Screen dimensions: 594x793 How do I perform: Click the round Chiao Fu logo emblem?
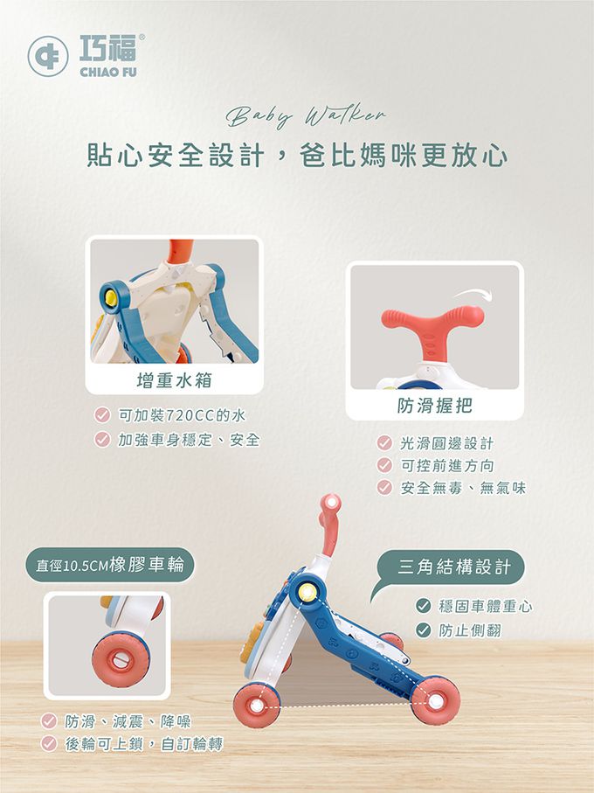pos(48,56)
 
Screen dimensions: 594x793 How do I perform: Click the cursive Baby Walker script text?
pos(306,115)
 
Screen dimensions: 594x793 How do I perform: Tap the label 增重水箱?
pos(174,379)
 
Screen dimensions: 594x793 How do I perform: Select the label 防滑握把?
pos(435,405)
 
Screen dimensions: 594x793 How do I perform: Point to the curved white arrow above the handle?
pos(473,294)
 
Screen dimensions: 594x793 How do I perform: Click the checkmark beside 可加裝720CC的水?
pos(102,415)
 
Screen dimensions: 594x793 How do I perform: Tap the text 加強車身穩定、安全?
pos(189,440)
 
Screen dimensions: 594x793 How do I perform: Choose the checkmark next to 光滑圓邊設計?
pos(384,443)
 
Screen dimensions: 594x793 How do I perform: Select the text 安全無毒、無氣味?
pos(463,488)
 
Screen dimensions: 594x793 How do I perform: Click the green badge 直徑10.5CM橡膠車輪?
pos(109,565)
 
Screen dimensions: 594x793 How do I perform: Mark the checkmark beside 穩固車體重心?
pos(423,605)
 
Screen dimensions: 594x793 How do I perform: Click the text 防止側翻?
pos(470,630)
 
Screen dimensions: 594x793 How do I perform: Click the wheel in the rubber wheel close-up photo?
pos(121,658)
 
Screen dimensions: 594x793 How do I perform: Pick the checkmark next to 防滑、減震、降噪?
pos(49,720)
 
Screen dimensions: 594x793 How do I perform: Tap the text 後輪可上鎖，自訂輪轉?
pos(144,744)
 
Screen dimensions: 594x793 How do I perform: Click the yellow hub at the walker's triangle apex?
pos(306,592)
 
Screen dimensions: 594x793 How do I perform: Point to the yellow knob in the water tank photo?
pos(110,298)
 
